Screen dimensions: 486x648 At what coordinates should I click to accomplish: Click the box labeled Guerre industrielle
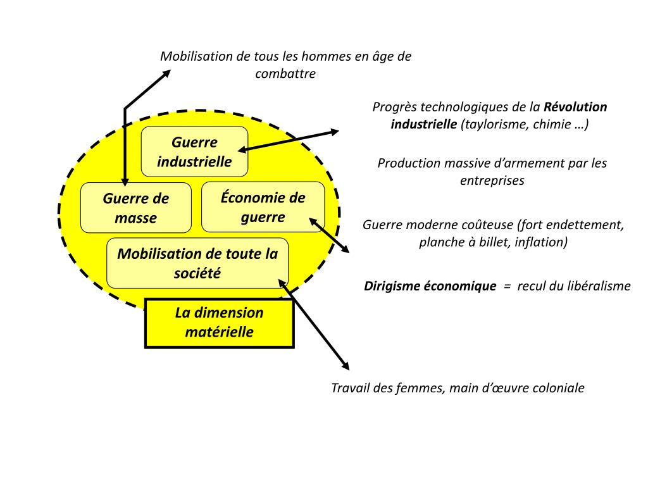click(x=194, y=152)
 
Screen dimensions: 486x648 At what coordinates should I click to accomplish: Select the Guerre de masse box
click(x=136, y=208)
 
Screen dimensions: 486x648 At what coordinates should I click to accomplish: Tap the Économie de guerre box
click(x=263, y=207)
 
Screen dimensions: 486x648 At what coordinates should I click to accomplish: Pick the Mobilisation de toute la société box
click(x=197, y=263)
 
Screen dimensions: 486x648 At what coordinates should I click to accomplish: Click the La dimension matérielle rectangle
click(x=220, y=323)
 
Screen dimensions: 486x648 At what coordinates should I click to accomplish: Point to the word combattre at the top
click(x=285, y=73)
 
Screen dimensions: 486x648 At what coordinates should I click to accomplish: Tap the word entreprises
click(x=492, y=180)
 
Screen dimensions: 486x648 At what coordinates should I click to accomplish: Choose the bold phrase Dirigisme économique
click(x=430, y=286)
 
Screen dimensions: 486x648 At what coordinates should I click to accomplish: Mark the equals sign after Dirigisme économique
click(x=507, y=286)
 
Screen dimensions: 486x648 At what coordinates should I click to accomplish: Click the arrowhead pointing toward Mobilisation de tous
click(x=166, y=73)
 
